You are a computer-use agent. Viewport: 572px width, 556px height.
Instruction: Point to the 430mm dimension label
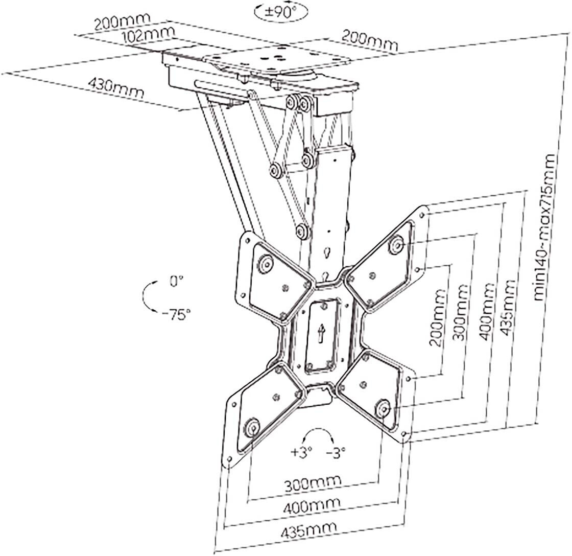(x=116, y=88)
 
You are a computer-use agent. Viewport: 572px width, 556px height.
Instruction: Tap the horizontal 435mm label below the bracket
(x=308, y=531)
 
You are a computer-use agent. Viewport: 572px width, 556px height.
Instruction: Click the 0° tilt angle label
(x=177, y=281)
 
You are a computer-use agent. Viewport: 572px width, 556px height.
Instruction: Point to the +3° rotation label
(x=301, y=452)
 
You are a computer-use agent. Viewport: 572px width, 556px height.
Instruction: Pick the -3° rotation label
(x=336, y=452)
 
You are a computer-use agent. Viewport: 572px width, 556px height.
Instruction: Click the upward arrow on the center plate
(x=321, y=335)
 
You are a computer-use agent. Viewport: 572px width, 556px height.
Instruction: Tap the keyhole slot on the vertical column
(x=327, y=254)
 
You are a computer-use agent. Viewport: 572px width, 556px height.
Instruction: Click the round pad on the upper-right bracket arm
(x=396, y=246)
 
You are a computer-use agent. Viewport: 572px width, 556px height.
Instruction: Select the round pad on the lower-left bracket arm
(x=252, y=427)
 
